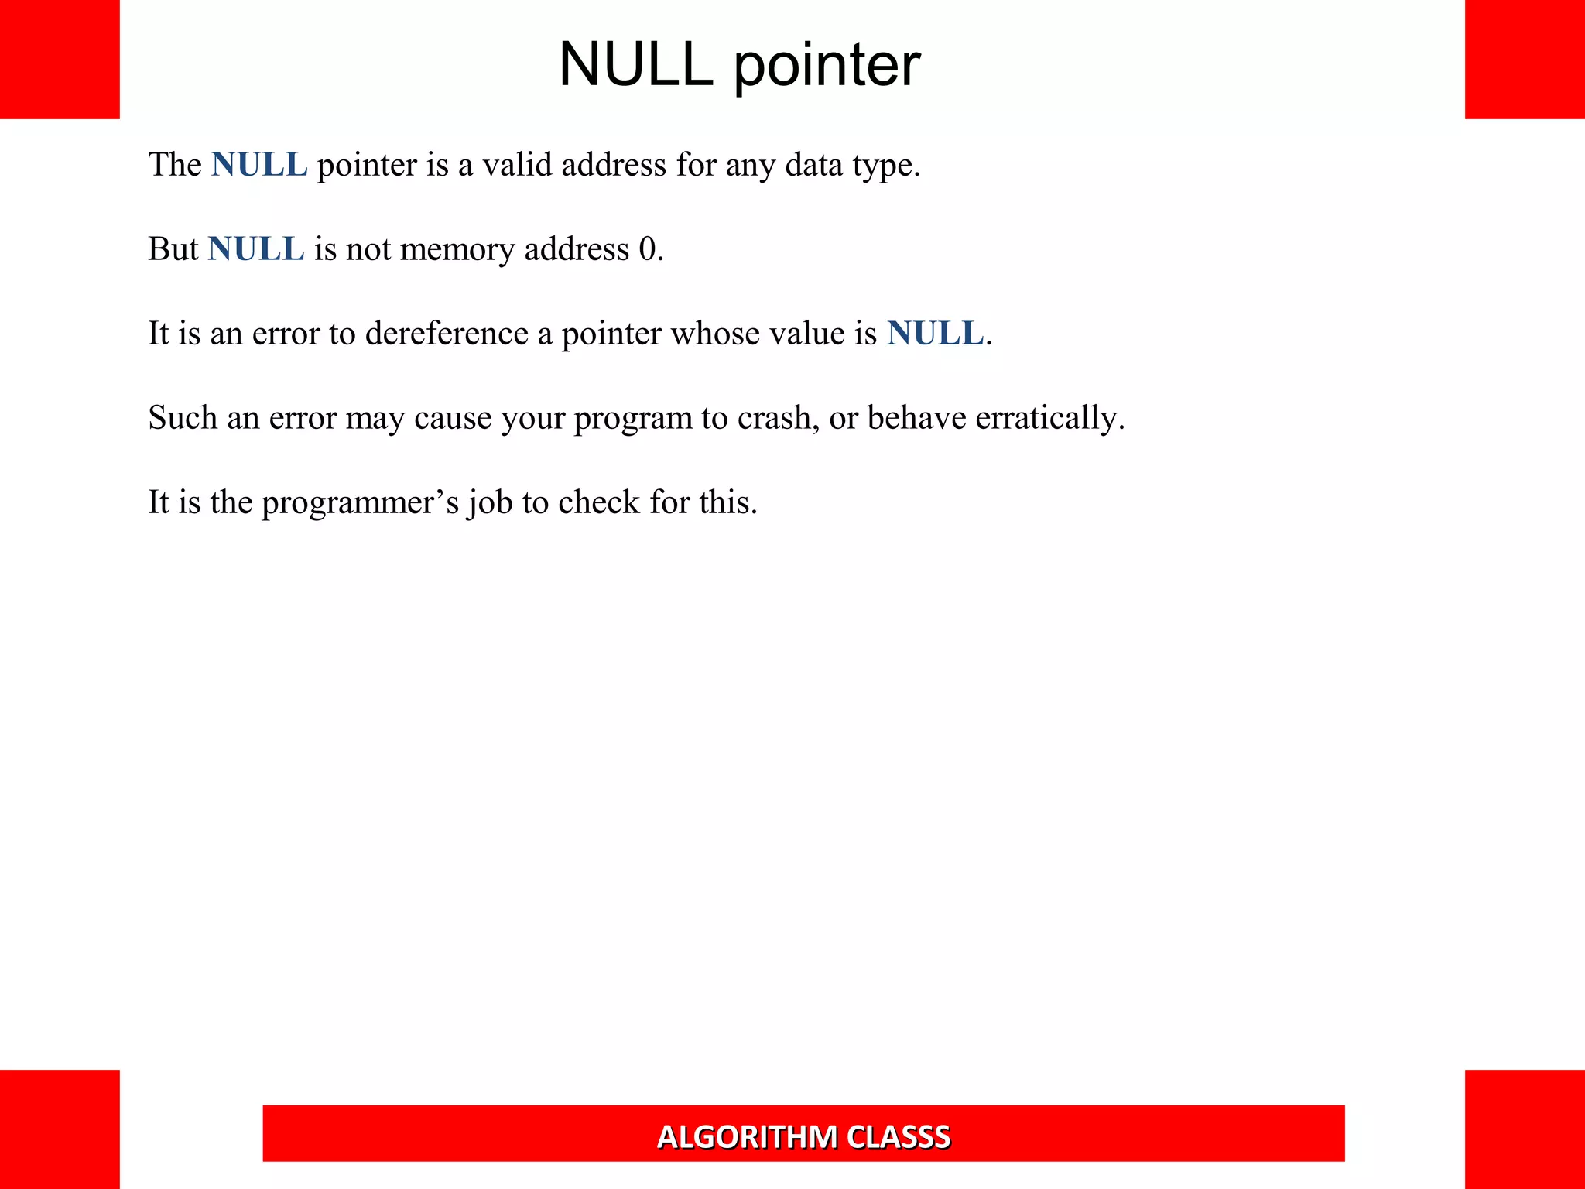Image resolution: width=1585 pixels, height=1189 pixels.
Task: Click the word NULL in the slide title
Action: pyautogui.click(x=635, y=64)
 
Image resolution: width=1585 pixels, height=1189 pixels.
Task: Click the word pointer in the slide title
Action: pyautogui.click(x=827, y=66)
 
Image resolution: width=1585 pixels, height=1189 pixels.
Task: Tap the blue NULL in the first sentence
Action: pyautogui.click(x=259, y=165)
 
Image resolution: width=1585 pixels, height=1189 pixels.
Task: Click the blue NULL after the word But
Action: pyautogui.click(x=256, y=249)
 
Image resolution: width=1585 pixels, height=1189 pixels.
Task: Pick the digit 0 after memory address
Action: pyautogui.click(x=647, y=249)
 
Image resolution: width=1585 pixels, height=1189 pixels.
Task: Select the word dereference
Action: pyautogui.click(x=447, y=334)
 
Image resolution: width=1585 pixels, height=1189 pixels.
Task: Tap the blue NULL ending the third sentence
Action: pyautogui.click(x=935, y=334)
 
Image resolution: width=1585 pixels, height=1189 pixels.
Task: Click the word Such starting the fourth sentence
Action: pyautogui.click(x=183, y=418)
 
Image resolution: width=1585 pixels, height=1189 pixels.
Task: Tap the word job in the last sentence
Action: pyautogui.click(x=490, y=503)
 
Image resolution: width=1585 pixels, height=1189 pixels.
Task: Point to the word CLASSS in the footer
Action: pyautogui.click(x=899, y=1137)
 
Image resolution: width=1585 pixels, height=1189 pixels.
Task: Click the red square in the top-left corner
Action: pyautogui.click(x=60, y=60)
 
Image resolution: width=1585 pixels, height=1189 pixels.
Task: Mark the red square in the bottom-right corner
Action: pyautogui.click(x=1525, y=1129)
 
